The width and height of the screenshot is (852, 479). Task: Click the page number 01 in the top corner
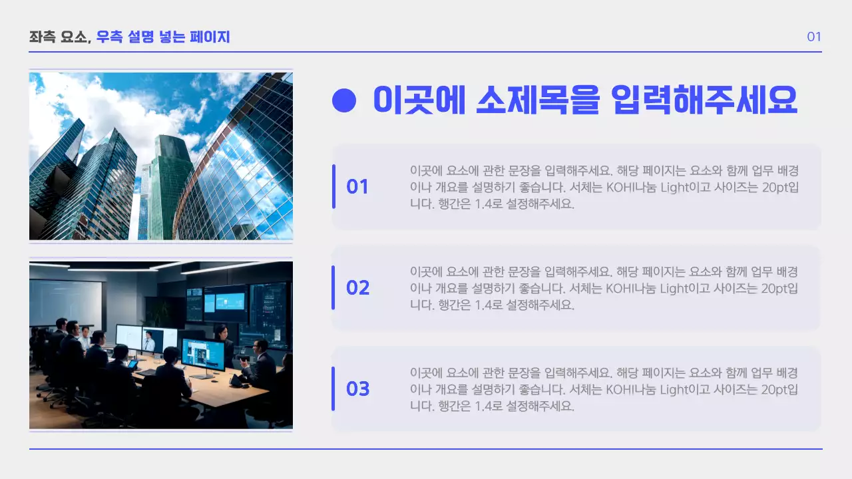point(813,37)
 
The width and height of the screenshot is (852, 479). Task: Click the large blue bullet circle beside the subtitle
point(344,100)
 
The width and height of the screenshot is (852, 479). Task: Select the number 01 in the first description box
point(357,187)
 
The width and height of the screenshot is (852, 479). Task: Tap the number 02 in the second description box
point(357,288)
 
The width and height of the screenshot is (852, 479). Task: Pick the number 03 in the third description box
point(357,389)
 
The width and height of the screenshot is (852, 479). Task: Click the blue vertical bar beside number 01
point(333,186)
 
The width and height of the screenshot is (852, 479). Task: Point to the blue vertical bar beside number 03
point(333,389)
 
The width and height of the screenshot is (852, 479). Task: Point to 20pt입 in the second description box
point(779,288)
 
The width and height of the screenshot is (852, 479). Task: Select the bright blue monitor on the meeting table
point(202,354)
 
